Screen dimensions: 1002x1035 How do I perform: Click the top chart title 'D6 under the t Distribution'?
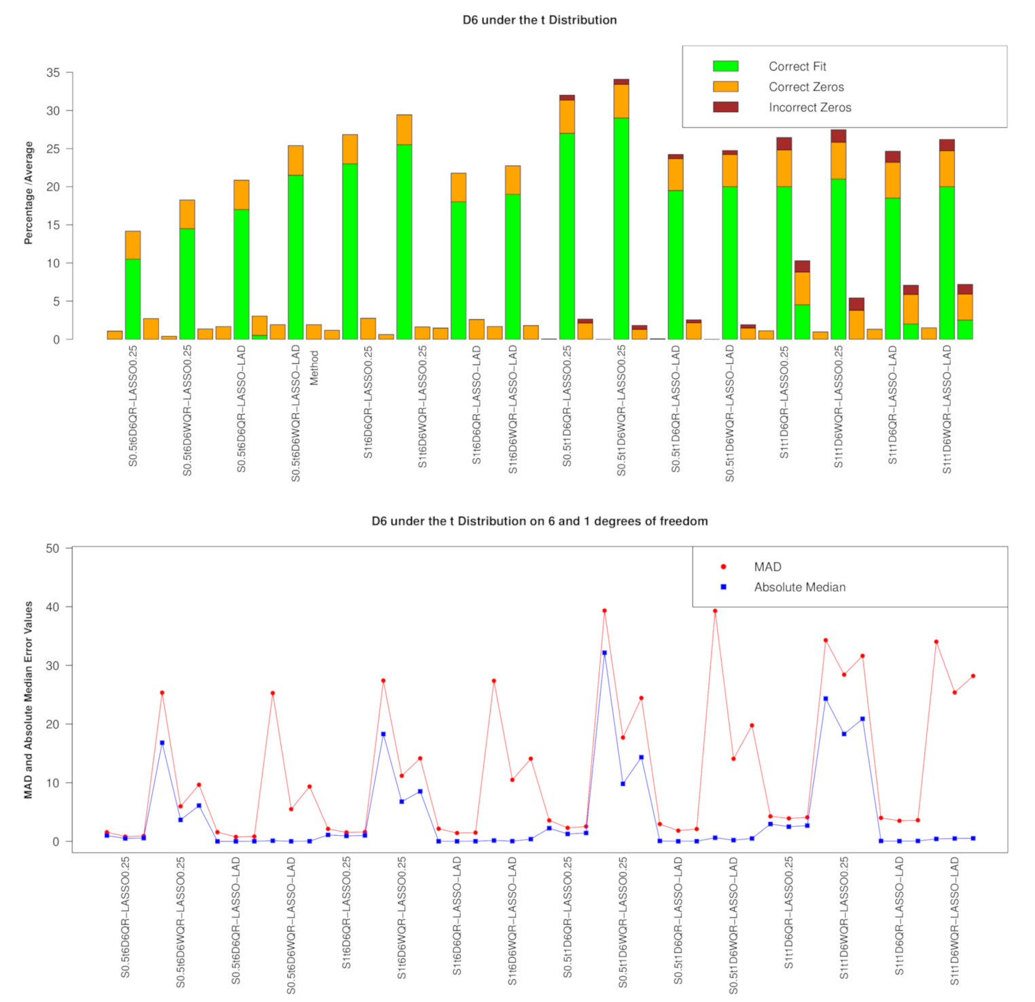[x=540, y=20]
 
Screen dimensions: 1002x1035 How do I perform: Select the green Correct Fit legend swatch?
[x=725, y=66]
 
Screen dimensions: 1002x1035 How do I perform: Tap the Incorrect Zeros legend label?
[x=809, y=107]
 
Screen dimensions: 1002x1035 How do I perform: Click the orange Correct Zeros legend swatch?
[x=725, y=86]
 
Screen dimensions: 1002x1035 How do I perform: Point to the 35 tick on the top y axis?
[x=53, y=73]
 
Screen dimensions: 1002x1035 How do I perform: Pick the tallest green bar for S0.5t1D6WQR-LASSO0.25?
[x=621, y=227]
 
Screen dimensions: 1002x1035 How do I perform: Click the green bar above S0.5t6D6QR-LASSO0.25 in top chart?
[x=133, y=299]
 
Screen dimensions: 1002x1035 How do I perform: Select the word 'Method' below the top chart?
[x=314, y=368]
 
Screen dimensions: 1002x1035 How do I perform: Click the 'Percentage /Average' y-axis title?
[x=29, y=193]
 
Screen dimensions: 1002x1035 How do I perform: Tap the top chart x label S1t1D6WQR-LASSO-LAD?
[x=947, y=409]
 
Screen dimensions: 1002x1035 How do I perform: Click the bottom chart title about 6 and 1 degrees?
[x=540, y=521]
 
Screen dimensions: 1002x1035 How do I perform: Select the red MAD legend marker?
[x=723, y=566]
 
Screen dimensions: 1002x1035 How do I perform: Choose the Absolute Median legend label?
[x=799, y=587]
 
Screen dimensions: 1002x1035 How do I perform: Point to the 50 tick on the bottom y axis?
[x=53, y=548]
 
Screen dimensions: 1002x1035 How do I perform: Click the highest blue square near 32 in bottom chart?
[x=604, y=652]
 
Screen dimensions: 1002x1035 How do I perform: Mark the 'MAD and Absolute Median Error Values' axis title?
[x=29, y=699]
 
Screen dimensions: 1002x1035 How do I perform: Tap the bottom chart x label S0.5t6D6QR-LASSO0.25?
[x=126, y=916]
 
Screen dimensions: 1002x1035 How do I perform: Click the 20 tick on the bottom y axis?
[x=53, y=724]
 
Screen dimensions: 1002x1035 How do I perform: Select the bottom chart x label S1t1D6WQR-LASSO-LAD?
[x=954, y=921]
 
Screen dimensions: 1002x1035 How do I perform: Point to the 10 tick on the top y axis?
[x=53, y=263]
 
